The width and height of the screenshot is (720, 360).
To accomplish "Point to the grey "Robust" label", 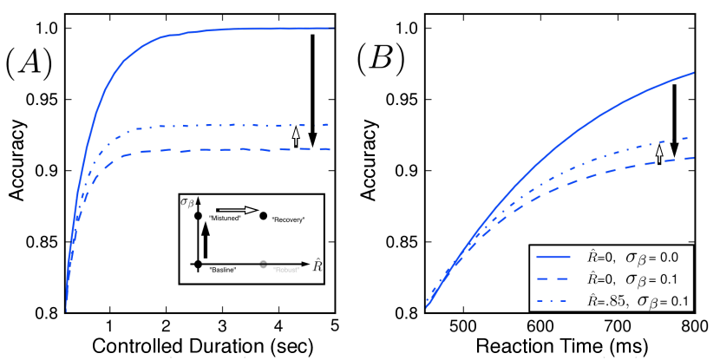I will tap(286, 270).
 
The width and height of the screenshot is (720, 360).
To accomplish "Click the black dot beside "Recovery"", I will tap(264, 215).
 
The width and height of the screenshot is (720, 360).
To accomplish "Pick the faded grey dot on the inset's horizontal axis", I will tap(263, 262).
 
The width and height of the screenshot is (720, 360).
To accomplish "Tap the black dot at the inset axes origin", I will tap(198, 262).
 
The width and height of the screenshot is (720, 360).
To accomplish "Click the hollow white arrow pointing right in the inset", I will tap(237, 209).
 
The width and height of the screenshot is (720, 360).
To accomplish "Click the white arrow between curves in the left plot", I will tap(296, 136).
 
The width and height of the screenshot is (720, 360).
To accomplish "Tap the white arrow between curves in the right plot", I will tap(659, 154).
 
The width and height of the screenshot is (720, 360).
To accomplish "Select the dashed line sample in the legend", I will tap(555, 279).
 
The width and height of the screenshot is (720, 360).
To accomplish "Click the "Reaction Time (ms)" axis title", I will tap(560, 346).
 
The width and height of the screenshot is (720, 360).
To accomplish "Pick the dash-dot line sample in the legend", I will tap(555, 300).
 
